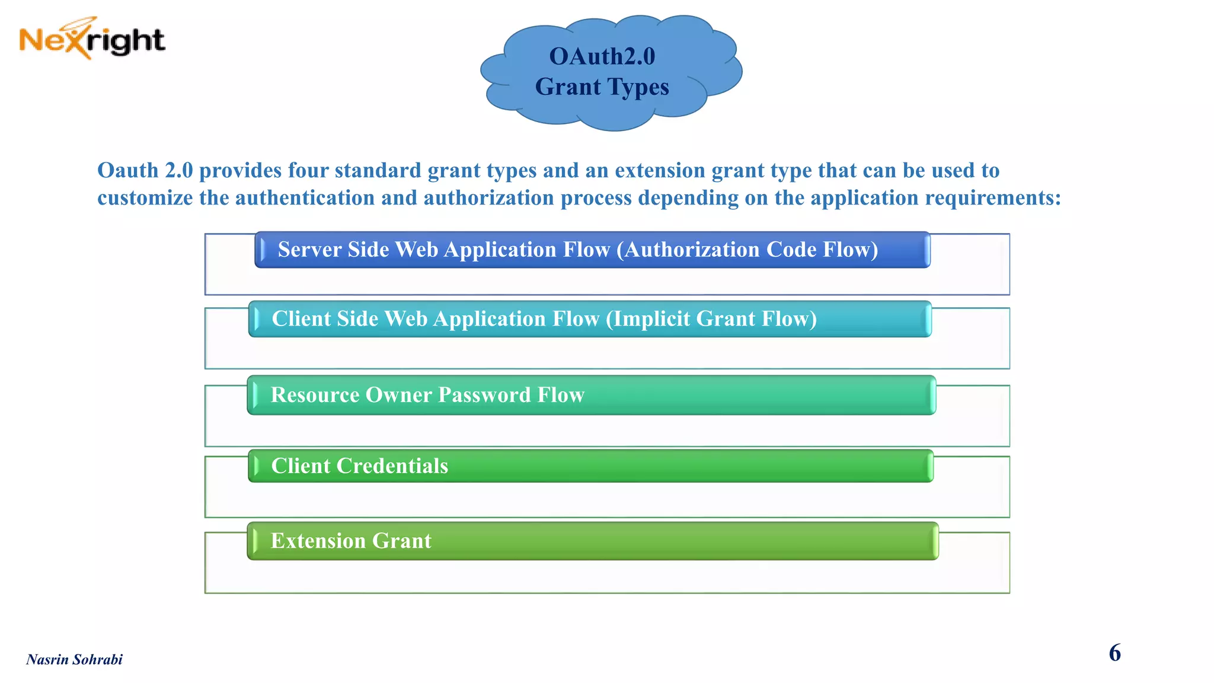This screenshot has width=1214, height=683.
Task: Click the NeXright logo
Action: pos(92,39)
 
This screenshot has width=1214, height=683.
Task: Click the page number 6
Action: pos(1114,653)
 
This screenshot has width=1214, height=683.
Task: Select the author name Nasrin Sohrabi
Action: pos(75,659)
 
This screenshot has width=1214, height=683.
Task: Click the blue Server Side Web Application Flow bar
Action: pos(593,250)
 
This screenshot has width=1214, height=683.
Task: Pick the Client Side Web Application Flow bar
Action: pos(590,320)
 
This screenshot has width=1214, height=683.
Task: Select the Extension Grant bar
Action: pos(593,541)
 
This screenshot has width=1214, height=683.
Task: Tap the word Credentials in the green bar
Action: pos(392,466)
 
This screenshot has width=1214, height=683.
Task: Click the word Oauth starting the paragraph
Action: pos(128,170)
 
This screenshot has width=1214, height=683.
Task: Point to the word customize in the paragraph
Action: pos(145,198)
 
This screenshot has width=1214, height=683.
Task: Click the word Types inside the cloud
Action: pos(635,87)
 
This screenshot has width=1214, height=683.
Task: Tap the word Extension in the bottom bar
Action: pos(318,541)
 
